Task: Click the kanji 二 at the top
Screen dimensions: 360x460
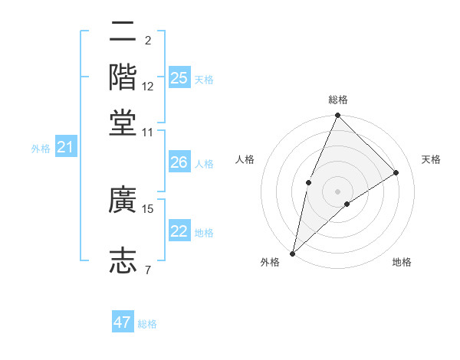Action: click(x=123, y=34)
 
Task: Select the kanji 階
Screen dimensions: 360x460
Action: click(x=123, y=76)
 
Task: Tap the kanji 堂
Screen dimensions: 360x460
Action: click(x=123, y=122)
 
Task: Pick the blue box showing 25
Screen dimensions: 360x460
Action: click(x=179, y=77)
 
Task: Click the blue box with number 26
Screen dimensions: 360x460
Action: click(x=179, y=162)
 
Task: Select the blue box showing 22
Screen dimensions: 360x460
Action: click(x=179, y=232)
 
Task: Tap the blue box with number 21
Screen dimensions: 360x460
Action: click(x=65, y=147)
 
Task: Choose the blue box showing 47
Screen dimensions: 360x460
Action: click(x=122, y=322)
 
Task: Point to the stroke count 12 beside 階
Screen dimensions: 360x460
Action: click(x=148, y=86)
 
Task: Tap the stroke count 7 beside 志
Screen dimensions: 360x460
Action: click(x=147, y=270)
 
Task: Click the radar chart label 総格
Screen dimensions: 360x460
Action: click(x=337, y=100)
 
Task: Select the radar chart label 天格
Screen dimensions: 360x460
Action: click(x=431, y=159)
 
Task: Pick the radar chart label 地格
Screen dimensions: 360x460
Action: click(x=402, y=262)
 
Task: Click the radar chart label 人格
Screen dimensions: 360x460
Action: click(x=245, y=159)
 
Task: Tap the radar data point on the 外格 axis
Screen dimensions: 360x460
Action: click(x=293, y=253)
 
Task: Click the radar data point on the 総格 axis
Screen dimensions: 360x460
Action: click(x=337, y=116)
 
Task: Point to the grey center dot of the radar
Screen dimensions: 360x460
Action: click(x=337, y=191)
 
